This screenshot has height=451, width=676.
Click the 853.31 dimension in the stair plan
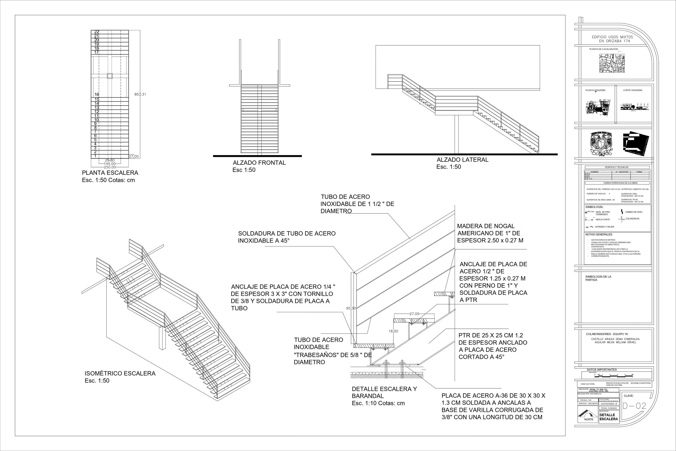pos(140,94)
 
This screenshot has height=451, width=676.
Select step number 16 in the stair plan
pos(97,95)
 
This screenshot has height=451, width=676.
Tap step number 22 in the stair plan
pos(97,32)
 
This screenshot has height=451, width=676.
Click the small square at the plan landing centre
pos(109,76)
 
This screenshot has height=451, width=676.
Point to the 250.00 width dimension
pos(110,167)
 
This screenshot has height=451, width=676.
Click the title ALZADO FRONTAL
pos(259,163)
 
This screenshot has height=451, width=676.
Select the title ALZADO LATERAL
pos(462,160)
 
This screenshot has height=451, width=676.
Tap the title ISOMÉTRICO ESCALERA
pos(120,374)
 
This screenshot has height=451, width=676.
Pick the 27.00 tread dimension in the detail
pos(414,314)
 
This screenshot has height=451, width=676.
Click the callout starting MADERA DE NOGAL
pos(490,233)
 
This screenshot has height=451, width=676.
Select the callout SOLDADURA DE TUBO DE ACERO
pos(287,237)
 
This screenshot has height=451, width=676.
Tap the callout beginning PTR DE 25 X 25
pos(493,346)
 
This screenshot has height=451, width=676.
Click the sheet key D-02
pos(634,406)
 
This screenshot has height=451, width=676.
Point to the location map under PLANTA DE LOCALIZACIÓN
pos(612,63)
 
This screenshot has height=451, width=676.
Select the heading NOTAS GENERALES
pos(599,235)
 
